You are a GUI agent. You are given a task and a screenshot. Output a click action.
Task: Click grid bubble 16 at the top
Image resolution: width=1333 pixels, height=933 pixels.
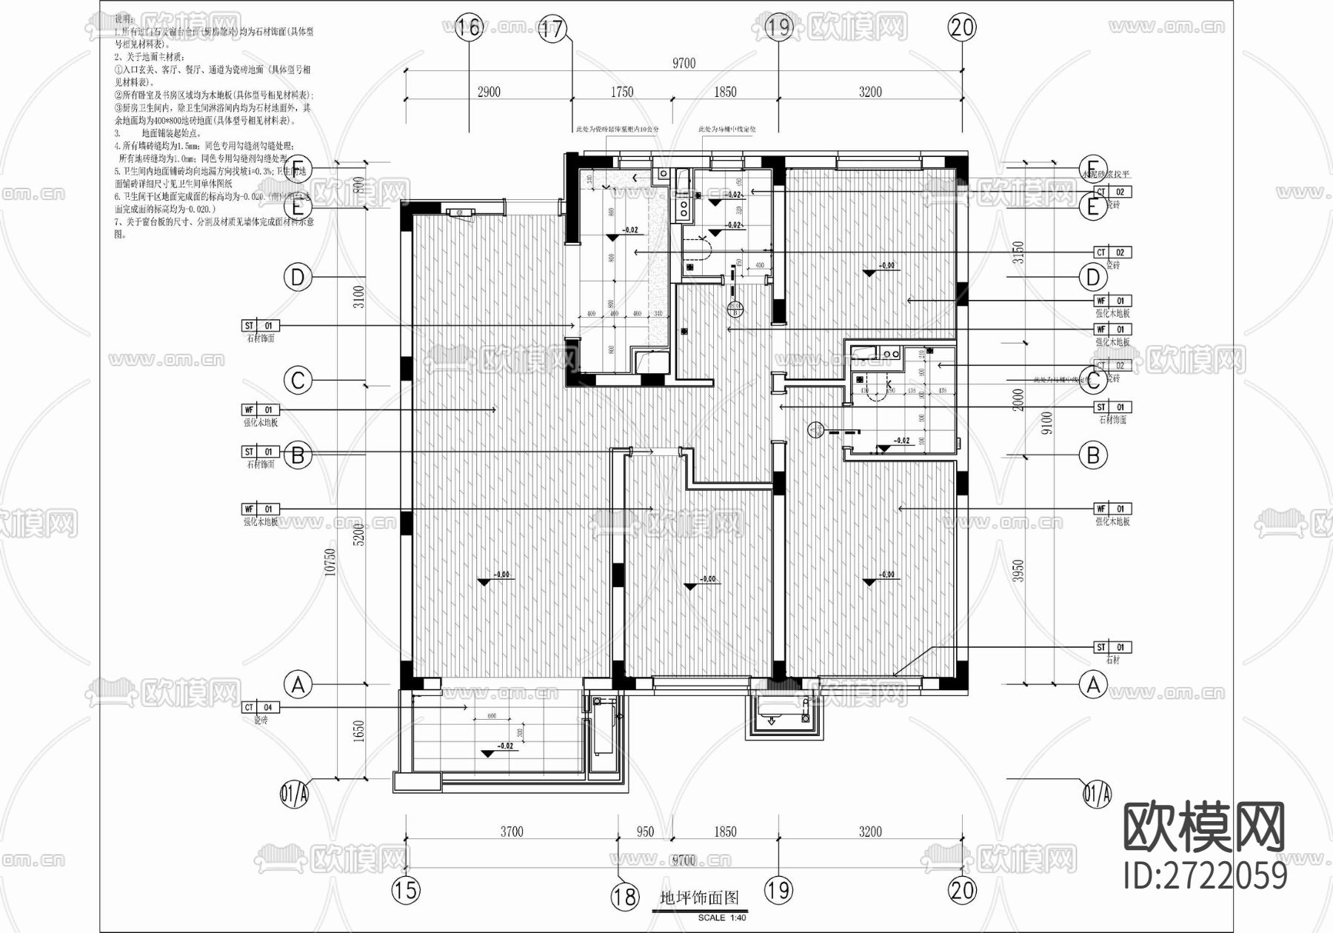click(469, 28)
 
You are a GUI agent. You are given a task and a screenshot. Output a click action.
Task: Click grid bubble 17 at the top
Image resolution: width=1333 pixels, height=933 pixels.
click(552, 29)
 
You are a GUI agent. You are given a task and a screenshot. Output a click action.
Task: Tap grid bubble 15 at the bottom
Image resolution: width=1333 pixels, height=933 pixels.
click(405, 889)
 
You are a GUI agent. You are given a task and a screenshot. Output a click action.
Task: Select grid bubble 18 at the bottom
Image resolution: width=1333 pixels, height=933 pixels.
click(624, 897)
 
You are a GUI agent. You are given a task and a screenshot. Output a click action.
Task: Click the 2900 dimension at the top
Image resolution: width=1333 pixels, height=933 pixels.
click(489, 92)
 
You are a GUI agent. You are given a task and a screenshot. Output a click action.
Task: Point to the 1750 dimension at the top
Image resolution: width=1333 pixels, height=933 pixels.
click(622, 92)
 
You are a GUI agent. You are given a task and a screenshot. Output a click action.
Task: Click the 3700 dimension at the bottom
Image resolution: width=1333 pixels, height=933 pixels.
click(512, 832)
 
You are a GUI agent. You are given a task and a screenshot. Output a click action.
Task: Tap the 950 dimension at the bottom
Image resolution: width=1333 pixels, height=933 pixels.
click(645, 832)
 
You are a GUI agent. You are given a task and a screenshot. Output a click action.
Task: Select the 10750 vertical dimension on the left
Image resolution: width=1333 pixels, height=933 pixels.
click(331, 561)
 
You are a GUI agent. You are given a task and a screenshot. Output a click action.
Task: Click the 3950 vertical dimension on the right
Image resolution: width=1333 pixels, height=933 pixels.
click(1018, 570)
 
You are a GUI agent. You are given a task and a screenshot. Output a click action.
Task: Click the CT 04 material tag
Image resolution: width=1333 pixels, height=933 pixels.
click(260, 708)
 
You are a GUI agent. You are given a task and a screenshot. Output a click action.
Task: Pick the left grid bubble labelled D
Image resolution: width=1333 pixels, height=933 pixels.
click(298, 278)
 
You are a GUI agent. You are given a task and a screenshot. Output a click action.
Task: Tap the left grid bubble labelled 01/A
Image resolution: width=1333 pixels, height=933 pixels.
click(294, 795)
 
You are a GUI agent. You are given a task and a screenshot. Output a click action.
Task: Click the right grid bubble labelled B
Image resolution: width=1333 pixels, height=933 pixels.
click(1093, 455)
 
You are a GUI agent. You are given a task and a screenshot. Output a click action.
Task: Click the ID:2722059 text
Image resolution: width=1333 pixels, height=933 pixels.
click(1205, 875)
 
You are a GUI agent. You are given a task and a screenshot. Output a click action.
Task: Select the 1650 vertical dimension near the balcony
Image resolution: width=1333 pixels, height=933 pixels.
click(358, 732)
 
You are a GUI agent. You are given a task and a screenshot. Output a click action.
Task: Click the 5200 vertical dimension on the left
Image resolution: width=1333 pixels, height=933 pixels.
click(358, 535)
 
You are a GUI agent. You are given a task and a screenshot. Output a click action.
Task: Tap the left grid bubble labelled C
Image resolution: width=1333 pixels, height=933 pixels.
click(298, 381)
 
